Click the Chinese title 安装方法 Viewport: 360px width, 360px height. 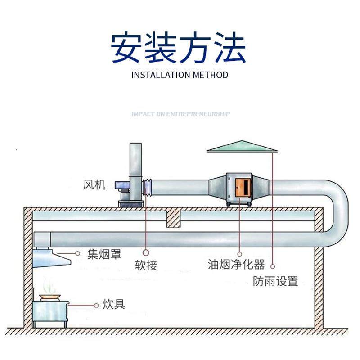(x=179, y=47)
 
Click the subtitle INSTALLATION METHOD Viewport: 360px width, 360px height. (x=180, y=75)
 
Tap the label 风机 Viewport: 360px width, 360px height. (x=94, y=184)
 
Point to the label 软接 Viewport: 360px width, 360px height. (x=146, y=265)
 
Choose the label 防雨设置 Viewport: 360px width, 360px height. (x=275, y=282)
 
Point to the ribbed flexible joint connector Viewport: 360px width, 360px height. (x=146, y=186)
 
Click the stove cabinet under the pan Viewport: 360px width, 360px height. (x=51, y=313)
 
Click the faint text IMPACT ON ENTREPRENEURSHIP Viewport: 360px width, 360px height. (x=180, y=114)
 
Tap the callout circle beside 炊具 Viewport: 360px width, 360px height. (x=96, y=305)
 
